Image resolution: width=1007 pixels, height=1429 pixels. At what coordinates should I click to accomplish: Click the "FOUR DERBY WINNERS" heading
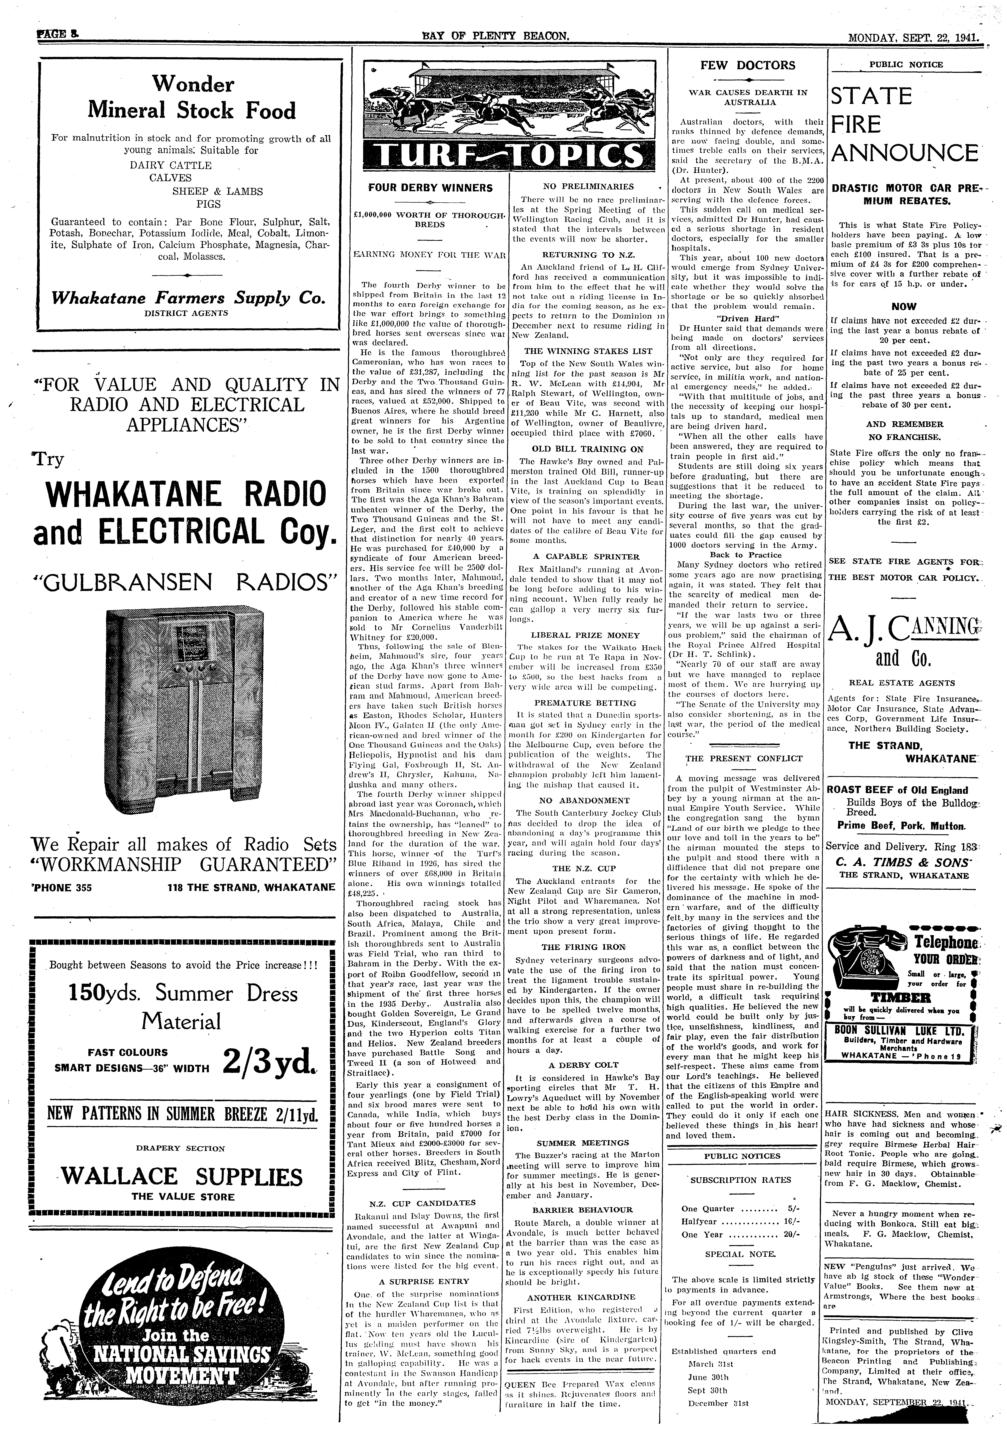tap(430, 187)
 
